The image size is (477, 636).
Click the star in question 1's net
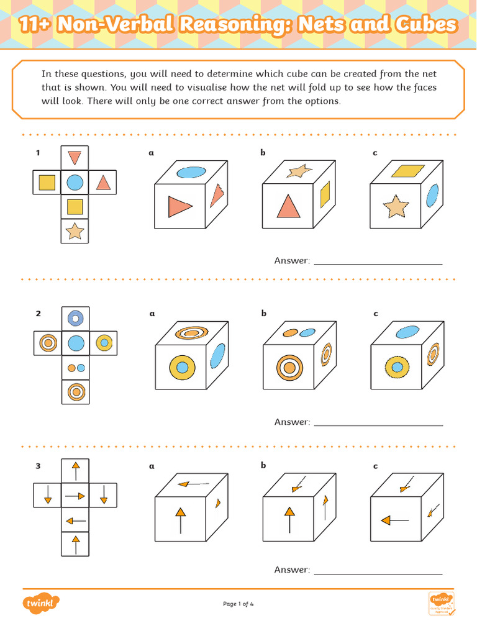click(x=75, y=231)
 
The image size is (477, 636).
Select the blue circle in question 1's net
click(x=75, y=182)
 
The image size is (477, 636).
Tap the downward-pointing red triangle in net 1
click(x=75, y=157)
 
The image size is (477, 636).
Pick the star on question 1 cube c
click(x=396, y=206)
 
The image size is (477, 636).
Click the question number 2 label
click(x=38, y=314)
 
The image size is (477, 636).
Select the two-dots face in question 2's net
click(x=75, y=368)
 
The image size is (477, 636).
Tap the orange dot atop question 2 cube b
click(x=291, y=333)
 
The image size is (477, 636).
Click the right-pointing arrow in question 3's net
click(x=75, y=496)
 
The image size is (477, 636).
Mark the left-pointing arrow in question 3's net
click(x=75, y=520)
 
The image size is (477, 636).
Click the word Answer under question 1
click(x=291, y=261)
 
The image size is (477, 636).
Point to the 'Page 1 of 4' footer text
click(x=238, y=604)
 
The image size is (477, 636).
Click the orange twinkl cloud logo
click(x=42, y=603)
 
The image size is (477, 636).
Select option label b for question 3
click(x=263, y=466)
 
